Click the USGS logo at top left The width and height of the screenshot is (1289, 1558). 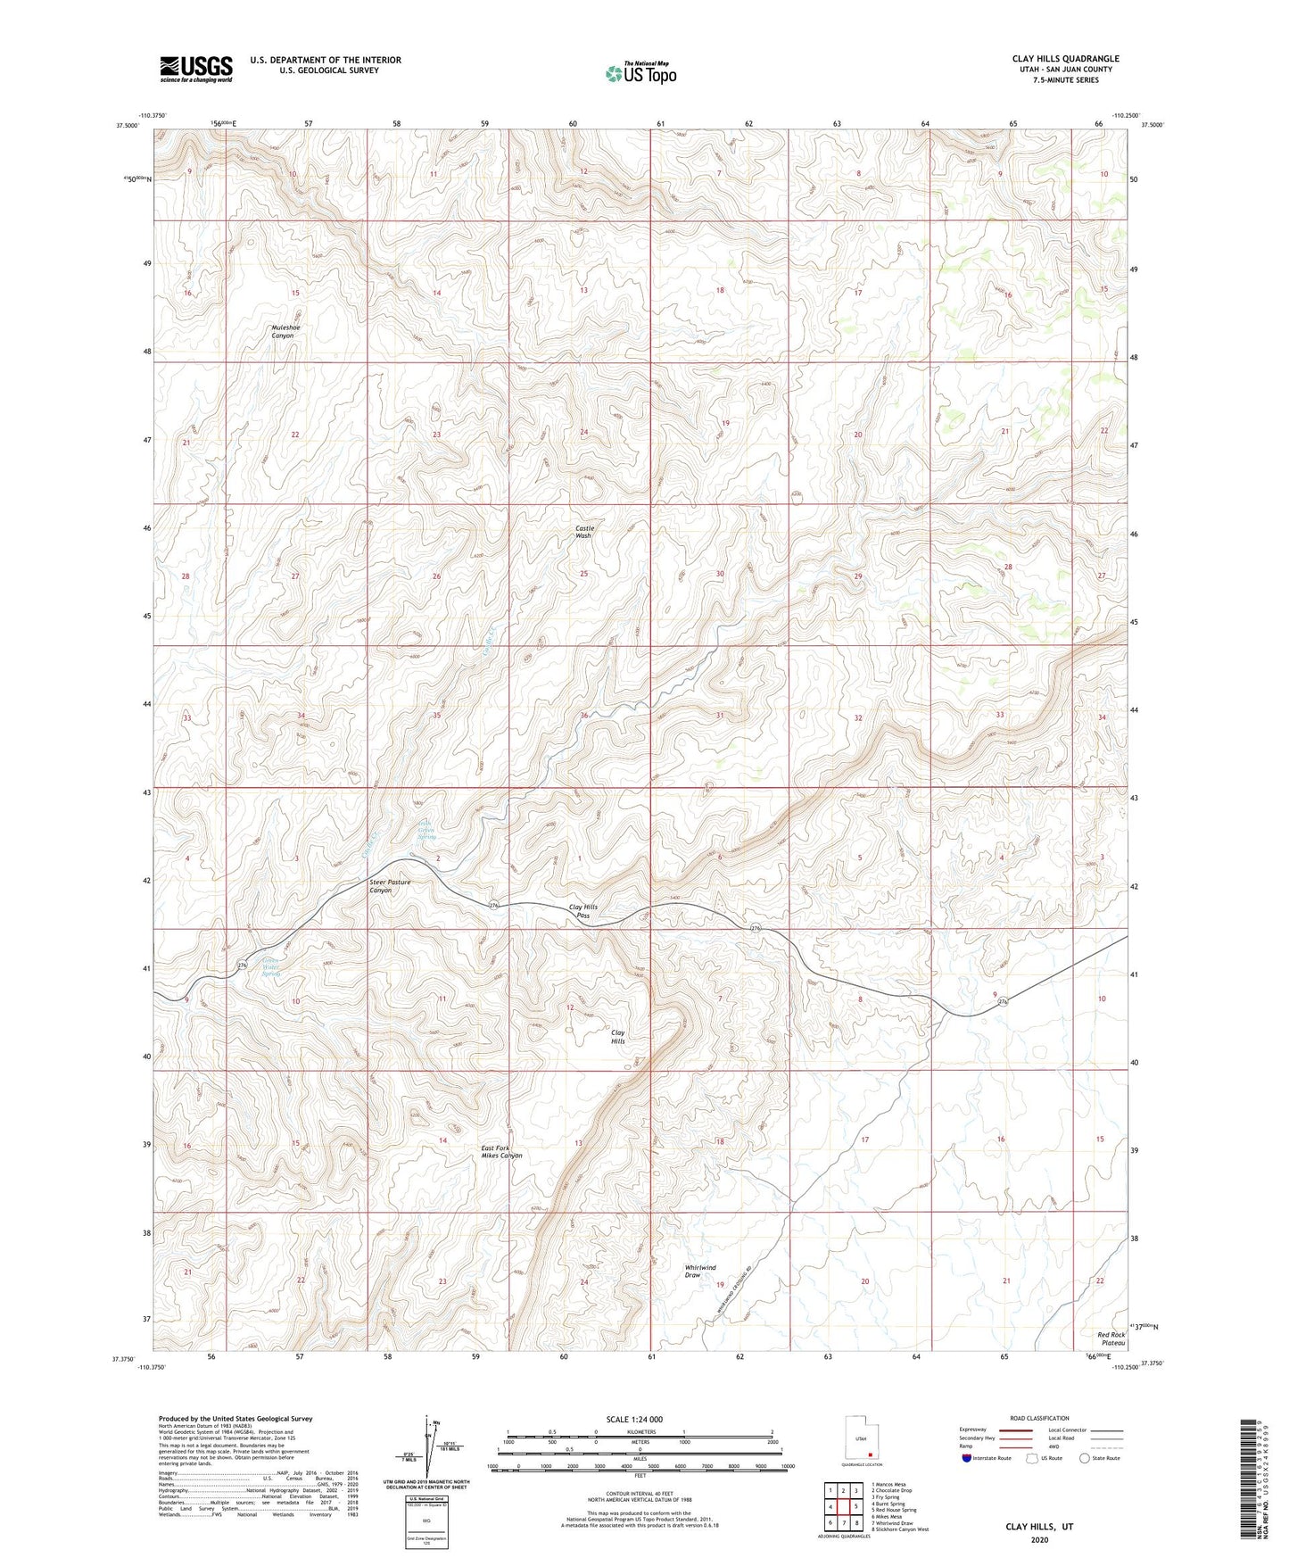pyautogui.click(x=196, y=68)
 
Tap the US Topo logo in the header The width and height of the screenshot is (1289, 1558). pyautogui.click(x=640, y=73)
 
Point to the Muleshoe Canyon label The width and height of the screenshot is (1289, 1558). pyautogui.click(x=284, y=331)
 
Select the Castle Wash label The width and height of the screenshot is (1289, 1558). pyautogui.click(x=583, y=532)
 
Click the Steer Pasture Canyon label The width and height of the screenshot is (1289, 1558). pyautogui.click(x=390, y=886)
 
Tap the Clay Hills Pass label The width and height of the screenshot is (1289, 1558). pyautogui.click(x=583, y=911)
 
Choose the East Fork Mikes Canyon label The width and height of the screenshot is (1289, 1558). pyautogui.click(x=501, y=1151)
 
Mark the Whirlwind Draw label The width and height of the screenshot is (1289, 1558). pyautogui.click(x=700, y=1271)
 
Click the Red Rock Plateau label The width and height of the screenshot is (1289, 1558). pyautogui.click(x=1111, y=1338)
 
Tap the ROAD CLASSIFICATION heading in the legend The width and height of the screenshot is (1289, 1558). pyautogui.click(x=1039, y=1418)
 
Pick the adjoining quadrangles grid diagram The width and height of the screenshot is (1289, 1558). pyautogui.click(x=843, y=1508)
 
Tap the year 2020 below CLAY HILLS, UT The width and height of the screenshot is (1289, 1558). pyautogui.click(x=1039, y=1540)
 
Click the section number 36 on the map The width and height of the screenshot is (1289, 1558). pyautogui.click(x=584, y=716)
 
